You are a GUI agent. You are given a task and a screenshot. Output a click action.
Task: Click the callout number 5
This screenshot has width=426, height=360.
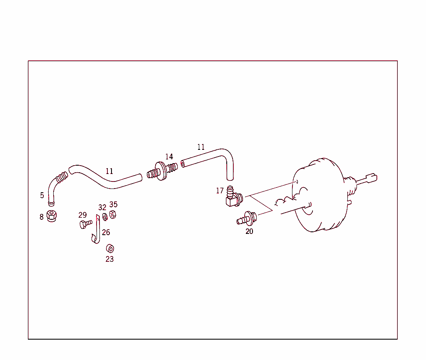point(42,195)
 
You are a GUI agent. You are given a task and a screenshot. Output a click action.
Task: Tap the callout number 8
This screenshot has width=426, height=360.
point(42,217)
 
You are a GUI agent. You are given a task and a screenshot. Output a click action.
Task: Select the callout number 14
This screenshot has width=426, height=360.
point(169,157)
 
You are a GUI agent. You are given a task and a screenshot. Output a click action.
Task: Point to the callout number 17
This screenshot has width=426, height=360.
point(220,191)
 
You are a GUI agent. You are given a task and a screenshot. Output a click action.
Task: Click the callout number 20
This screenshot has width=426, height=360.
point(249,231)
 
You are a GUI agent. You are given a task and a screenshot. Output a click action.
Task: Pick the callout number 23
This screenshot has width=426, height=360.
point(109,259)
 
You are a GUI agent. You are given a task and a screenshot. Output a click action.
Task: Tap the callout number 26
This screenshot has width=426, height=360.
point(106,232)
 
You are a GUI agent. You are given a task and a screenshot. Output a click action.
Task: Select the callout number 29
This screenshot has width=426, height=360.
point(82,215)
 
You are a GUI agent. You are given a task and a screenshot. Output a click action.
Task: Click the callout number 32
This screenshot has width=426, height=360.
point(102,208)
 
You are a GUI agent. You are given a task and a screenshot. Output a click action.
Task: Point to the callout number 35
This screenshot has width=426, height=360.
point(113,204)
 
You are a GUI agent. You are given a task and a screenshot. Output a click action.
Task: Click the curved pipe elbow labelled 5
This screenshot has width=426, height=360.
point(54,187)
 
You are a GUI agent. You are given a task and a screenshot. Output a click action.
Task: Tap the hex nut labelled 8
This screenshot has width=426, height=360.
point(52,216)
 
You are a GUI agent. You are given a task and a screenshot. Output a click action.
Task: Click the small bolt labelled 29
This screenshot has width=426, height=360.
point(85,224)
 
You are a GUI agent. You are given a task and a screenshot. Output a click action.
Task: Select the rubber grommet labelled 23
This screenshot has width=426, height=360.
point(110,248)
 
